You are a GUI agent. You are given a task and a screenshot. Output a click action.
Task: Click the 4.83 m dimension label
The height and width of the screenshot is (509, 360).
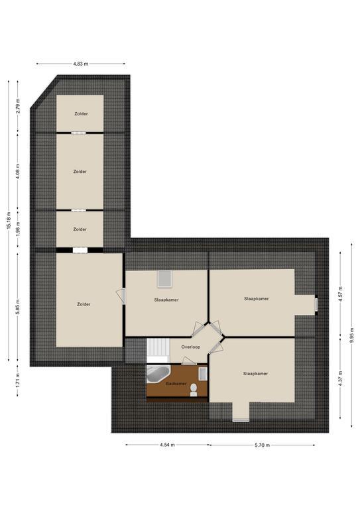pyautogui.click(x=80, y=64)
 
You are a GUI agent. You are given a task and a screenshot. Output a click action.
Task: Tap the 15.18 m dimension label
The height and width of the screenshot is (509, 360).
pyautogui.click(x=9, y=221)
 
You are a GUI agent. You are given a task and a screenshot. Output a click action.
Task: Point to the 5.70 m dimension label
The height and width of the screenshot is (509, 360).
pyautogui.click(x=263, y=445)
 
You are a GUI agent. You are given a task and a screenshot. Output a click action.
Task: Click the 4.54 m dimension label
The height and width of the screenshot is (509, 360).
pyautogui.click(x=167, y=445)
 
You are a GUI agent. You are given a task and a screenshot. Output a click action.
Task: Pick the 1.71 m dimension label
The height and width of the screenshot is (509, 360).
pyautogui.click(x=18, y=380)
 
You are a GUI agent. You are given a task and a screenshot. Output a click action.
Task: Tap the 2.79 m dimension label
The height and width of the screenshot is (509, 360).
pyautogui.click(x=18, y=105)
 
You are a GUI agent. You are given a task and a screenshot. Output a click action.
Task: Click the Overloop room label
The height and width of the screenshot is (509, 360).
pyautogui.click(x=190, y=347)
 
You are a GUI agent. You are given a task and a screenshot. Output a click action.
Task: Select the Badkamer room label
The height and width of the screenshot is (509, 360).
pyautogui.click(x=176, y=383)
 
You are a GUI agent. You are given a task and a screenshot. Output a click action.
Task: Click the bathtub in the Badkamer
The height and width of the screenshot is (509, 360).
pyautogui.click(x=157, y=374)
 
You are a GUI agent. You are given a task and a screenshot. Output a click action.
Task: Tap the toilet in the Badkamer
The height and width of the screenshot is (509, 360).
pyautogui.click(x=194, y=389)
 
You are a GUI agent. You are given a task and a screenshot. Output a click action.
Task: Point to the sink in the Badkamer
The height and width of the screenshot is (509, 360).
pyautogui.click(x=203, y=374)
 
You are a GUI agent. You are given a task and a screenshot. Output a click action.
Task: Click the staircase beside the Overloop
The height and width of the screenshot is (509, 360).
pyautogui.click(x=158, y=350)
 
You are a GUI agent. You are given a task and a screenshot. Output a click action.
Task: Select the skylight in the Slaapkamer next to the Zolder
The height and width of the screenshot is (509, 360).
pyautogui.click(x=165, y=279)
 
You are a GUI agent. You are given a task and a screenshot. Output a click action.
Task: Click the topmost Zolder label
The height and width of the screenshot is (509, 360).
pyautogui.click(x=81, y=114)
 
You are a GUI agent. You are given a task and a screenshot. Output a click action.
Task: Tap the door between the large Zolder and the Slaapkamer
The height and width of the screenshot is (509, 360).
pyautogui.click(x=121, y=296)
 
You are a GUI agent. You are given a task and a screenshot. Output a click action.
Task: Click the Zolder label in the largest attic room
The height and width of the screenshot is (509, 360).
pyautogui.click(x=84, y=304)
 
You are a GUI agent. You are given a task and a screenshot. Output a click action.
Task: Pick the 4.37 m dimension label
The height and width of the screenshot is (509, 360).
pyautogui.click(x=340, y=378)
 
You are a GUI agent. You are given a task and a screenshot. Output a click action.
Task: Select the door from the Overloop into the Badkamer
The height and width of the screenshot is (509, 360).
pyautogui.click(x=189, y=361)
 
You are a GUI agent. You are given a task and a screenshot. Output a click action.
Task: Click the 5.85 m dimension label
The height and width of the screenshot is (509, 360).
pyautogui.click(x=18, y=307)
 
